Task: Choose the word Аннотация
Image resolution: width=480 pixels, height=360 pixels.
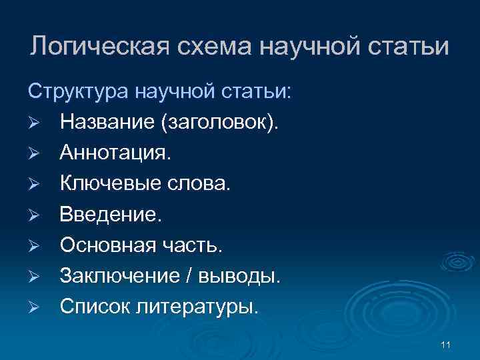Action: (115, 153)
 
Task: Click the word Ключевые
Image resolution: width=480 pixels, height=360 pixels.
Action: (110, 184)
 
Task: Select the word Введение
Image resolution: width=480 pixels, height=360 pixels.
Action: (110, 215)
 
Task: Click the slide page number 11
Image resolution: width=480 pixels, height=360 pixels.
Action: (446, 344)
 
